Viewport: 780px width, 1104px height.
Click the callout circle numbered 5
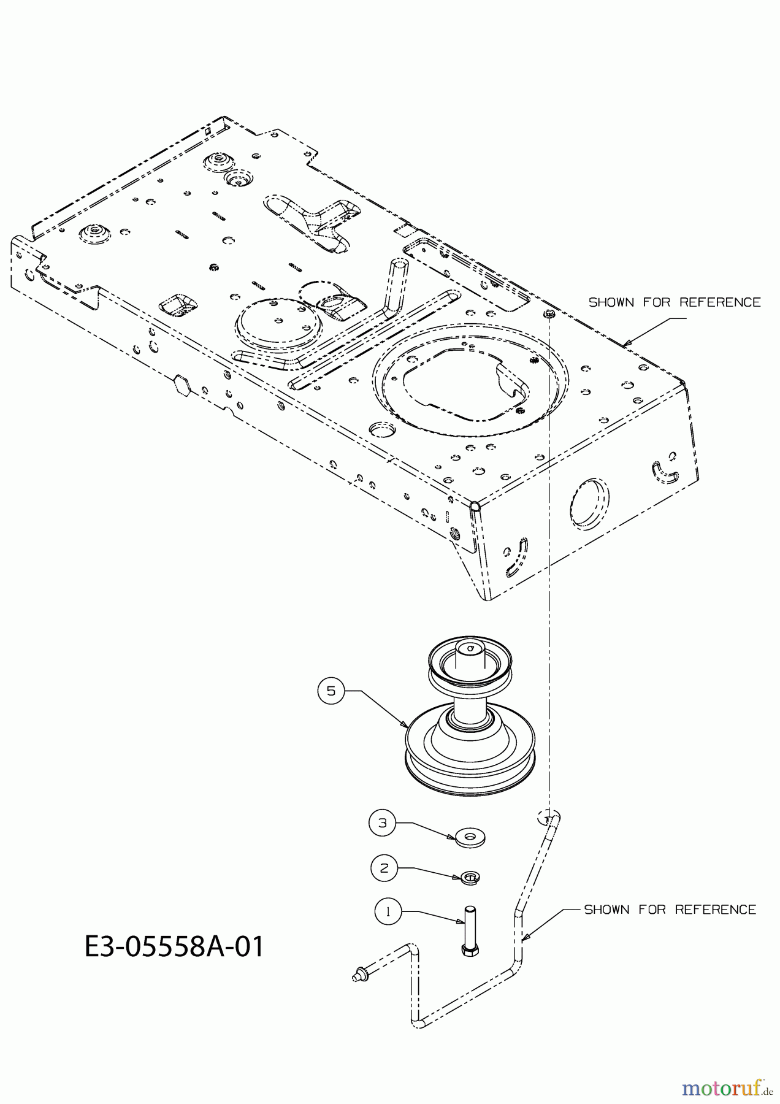331,691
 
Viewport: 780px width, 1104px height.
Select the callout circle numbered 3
383,823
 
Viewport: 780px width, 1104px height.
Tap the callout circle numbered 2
384,868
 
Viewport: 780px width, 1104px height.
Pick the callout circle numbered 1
388,912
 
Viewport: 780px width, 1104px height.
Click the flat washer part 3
470,837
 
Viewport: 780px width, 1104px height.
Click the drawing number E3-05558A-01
174,946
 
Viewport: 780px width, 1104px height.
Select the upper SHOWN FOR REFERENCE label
675,302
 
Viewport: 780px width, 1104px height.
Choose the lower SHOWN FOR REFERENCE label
670,910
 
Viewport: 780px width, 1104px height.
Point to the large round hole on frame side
590,502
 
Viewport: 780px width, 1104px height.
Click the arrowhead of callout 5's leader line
407,726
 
